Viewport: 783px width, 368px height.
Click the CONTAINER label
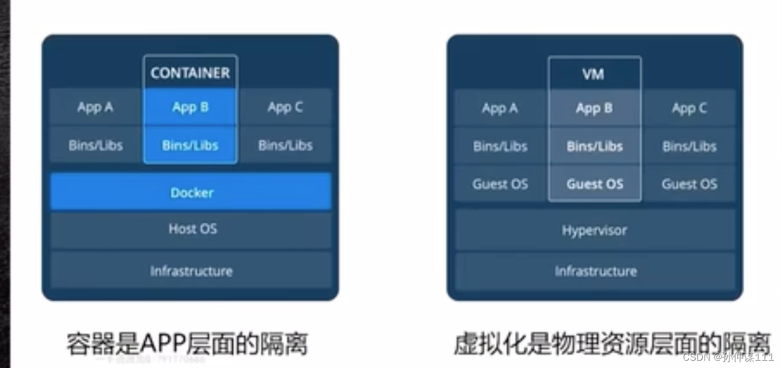point(190,73)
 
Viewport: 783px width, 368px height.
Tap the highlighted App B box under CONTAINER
point(190,107)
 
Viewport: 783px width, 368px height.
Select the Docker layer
point(191,192)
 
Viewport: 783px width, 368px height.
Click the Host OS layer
point(192,229)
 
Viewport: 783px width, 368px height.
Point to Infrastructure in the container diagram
point(191,271)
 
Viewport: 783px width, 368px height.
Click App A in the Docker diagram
point(95,107)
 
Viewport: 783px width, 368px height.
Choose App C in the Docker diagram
point(285,107)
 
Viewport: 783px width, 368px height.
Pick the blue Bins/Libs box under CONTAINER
point(190,145)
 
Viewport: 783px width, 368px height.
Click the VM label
point(594,74)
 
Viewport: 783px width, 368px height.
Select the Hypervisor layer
point(594,230)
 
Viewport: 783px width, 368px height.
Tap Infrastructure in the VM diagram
point(595,271)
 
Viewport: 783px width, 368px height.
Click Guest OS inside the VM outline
point(594,184)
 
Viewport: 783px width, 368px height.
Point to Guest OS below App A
point(500,184)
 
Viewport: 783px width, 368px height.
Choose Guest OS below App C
point(689,184)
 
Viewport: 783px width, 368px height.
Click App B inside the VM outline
point(594,109)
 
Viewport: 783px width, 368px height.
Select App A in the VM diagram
point(499,109)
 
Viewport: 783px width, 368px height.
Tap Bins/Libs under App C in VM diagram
point(689,146)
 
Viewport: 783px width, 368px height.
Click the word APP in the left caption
point(160,344)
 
